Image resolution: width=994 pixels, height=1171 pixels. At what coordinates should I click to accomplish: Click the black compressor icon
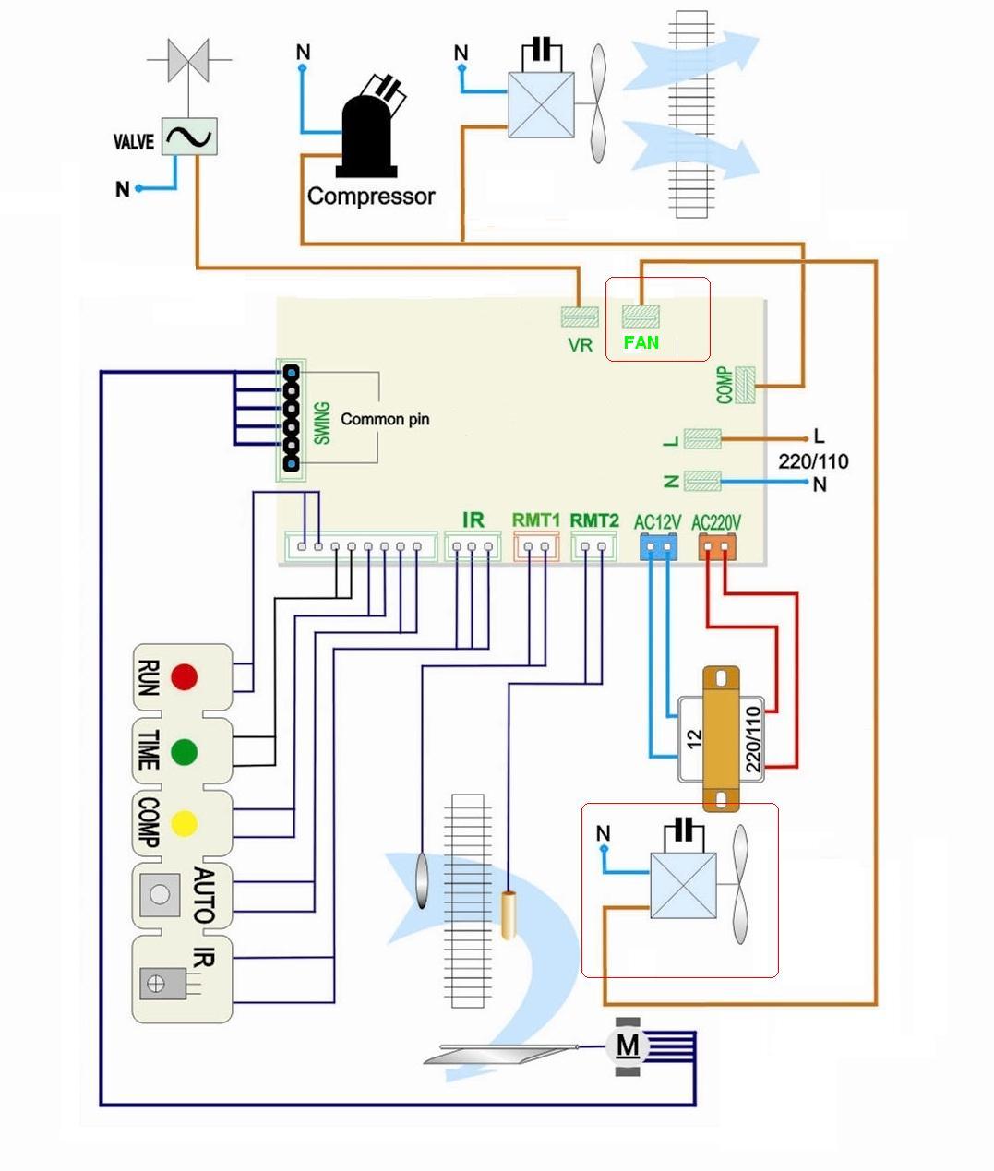pyautogui.click(x=367, y=129)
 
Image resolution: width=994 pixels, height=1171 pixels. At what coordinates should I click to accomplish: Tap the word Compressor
pyautogui.click(x=371, y=197)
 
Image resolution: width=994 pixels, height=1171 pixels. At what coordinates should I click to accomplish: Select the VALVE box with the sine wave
pyautogui.click(x=189, y=137)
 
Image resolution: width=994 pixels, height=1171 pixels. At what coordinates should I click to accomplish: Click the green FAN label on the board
pyautogui.click(x=641, y=342)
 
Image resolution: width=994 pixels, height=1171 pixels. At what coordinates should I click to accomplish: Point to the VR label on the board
pyautogui.click(x=580, y=345)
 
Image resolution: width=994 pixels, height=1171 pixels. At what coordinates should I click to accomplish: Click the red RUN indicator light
pyautogui.click(x=185, y=676)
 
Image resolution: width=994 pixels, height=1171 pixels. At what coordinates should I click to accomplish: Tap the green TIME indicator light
pyautogui.click(x=185, y=751)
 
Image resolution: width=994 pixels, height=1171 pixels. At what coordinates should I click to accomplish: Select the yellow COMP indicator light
pyautogui.click(x=185, y=823)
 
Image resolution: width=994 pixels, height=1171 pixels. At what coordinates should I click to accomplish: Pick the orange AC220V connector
pyautogui.click(x=716, y=548)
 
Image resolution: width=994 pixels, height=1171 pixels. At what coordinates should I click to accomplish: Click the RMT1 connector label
pyautogui.click(x=536, y=520)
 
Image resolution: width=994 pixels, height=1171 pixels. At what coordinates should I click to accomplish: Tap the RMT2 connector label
pyautogui.click(x=594, y=520)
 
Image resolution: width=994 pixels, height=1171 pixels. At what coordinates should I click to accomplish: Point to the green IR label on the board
pyautogui.click(x=473, y=520)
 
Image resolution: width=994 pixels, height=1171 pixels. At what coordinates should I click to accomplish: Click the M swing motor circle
pyautogui.click(x=628, y=1046)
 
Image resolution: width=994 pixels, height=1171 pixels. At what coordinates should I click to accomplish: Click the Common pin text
pyautogui.click(x=385, y=419)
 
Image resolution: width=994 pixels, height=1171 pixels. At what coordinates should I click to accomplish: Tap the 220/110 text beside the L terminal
pyautogui.click(x=813, y=460)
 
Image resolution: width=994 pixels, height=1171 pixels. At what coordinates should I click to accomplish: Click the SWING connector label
pyautogui.click(x=322, y=423)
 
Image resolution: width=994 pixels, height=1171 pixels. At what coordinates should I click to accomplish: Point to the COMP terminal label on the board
pyautogui.click(x=725, y=385)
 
